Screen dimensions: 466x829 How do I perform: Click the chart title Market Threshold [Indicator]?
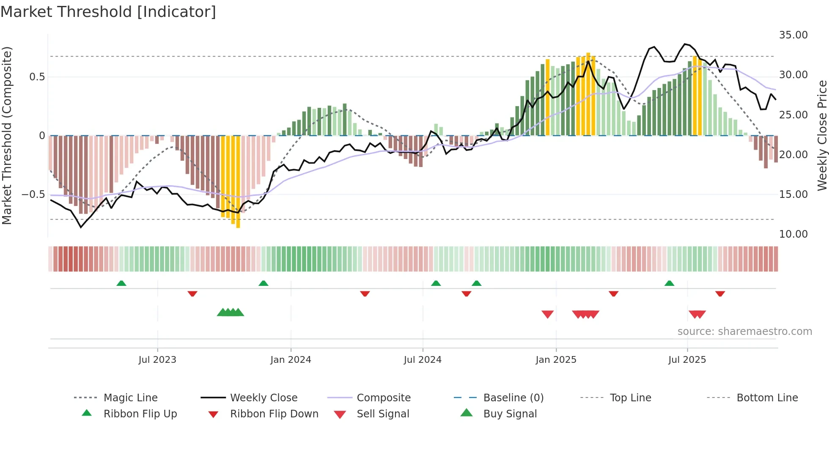[108, 12]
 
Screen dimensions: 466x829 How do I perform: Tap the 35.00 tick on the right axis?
[793, 35]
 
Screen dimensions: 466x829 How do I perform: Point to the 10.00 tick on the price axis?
[793, 234]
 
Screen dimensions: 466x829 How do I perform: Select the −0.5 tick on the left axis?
[33, 195]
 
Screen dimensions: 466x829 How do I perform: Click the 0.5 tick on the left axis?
[37, 77]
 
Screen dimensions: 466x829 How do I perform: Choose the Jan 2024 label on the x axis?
[291, 360]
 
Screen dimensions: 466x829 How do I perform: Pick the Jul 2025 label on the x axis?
[687, 360]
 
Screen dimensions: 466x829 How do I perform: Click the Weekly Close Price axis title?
[822, 135]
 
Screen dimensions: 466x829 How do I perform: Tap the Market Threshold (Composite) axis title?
[7, 135]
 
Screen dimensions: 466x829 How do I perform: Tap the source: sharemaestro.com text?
[744, 332]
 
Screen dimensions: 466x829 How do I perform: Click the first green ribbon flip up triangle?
[121, 283]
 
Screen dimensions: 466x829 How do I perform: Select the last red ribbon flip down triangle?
[720, 293]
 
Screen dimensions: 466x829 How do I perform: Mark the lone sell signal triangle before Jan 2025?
[548, 314]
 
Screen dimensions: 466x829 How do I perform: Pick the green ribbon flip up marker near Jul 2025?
[669, 283]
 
